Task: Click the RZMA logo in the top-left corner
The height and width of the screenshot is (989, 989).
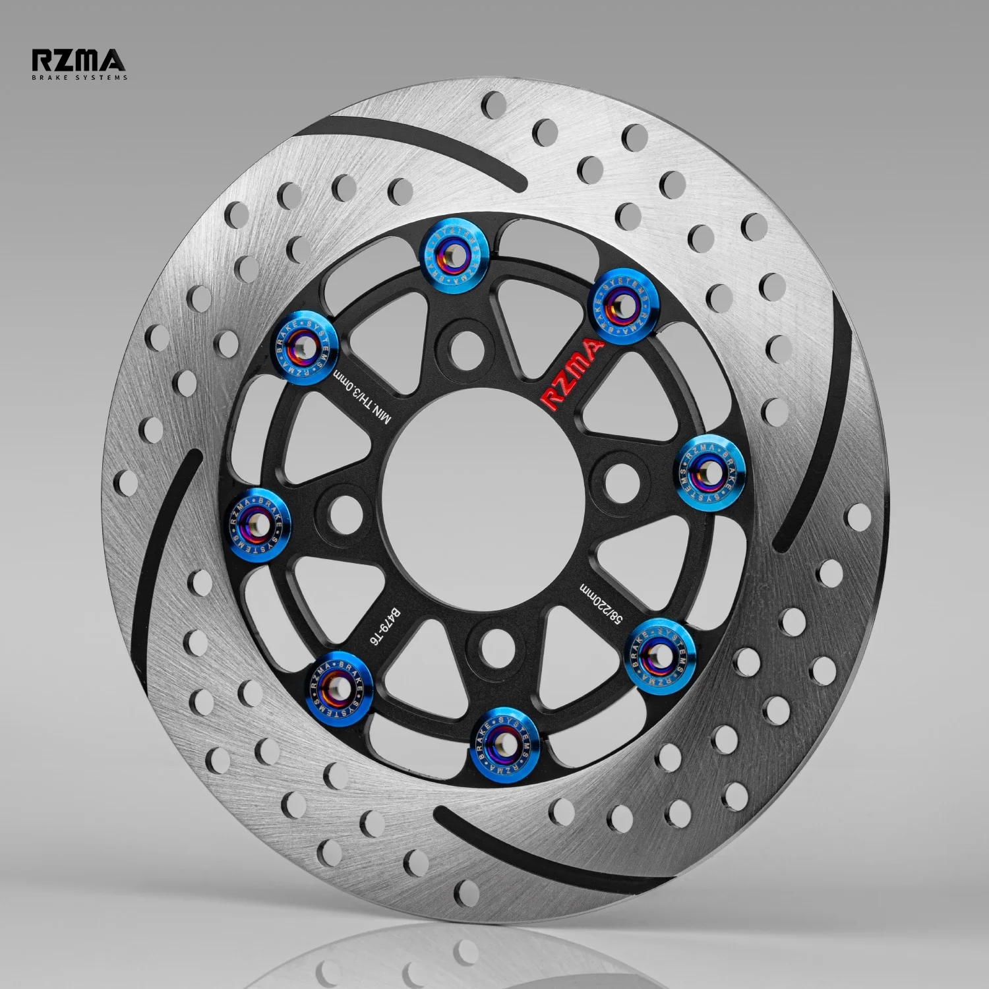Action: tap(78, 61)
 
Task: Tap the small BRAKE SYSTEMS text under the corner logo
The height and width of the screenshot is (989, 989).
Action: tap(80, 77)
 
